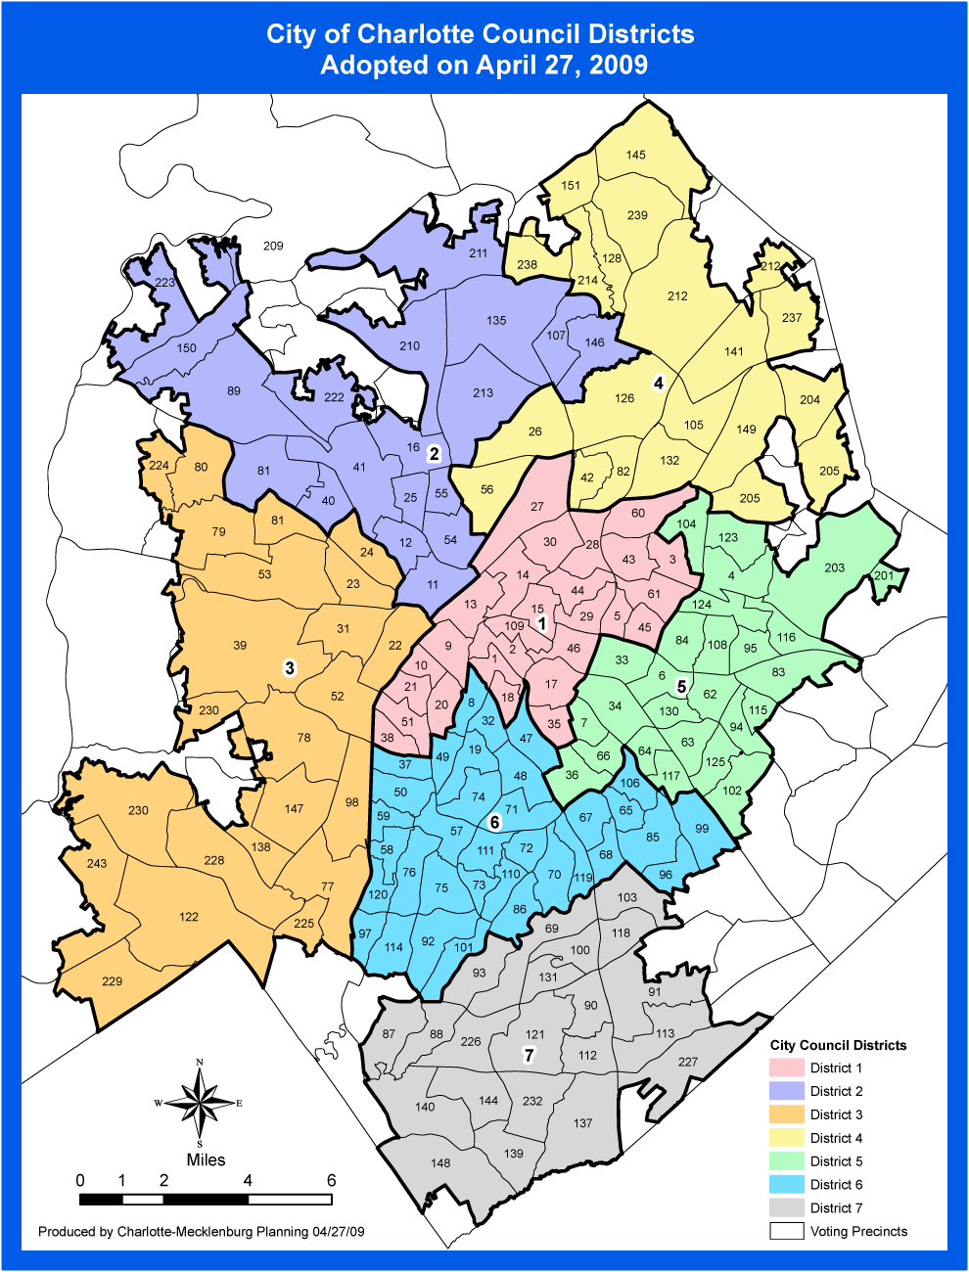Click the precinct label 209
click(x=273, y=246)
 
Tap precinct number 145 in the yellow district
click(x=636, y=155)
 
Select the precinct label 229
click(x=113, y=981)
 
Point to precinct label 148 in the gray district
click(x=440, y=1163)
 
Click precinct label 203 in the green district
click(x=834, y=568)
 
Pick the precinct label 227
click(x=688, y=1062)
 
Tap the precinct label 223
click(x=164, y=283)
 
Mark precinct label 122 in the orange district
click(x=189, y=917)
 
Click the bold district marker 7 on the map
click(x=530, y=1055)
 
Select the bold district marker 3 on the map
click(x=289, y=667)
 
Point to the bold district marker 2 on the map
click(x=434, y=453)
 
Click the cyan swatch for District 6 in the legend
click(x=786, y=1185)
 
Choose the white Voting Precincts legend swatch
click(x=786, y=1232)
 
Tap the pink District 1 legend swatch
click(x=786, y=1068)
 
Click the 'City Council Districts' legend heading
click(x=838, y=1045)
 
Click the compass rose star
click(x=200, y=1103)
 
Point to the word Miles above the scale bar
click(x=206, y=1160)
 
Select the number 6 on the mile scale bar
click(x=331, y=1180)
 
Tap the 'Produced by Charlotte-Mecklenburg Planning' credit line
click(x=201, y=1232)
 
